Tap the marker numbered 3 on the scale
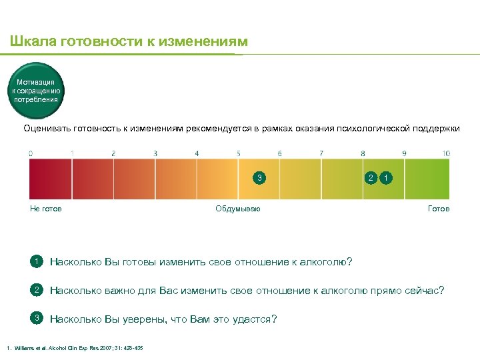point(260,177)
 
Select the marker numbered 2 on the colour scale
point(371,177)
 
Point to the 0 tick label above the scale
point(30,154)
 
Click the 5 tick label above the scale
point(238,154)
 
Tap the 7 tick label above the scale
point(321,154)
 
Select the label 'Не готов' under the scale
point(45,209)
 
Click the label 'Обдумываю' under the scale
point(238,209)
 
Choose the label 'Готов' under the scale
point(439,209)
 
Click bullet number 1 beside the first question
point(38,261)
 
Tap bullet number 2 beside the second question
point(38,290)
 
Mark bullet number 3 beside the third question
point(38,317)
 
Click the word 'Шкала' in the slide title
point(32,42)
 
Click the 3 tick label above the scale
point(155,154)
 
